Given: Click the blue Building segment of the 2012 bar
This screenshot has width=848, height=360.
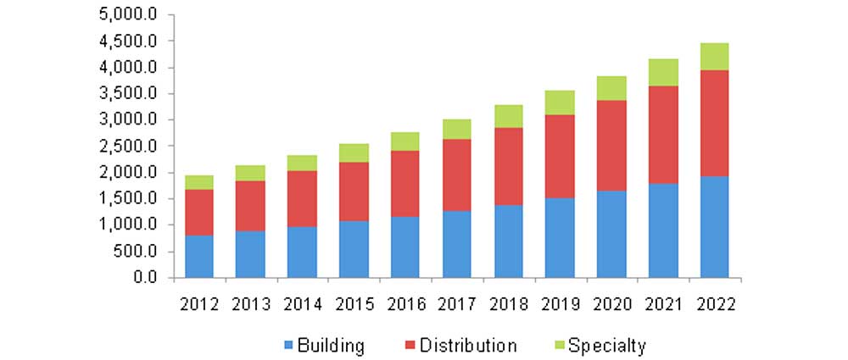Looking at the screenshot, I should (199, 256).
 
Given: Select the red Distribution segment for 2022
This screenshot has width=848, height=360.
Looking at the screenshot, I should (714, 123).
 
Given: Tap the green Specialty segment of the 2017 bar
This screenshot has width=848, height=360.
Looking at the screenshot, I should (457, 129).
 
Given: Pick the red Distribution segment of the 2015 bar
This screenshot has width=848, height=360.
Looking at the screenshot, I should (354, 191).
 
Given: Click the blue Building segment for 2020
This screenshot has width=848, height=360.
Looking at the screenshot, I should (611, 234).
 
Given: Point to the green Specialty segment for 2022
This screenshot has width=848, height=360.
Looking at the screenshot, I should (714, 56).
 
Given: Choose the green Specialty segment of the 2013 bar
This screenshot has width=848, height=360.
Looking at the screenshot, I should (250, 173).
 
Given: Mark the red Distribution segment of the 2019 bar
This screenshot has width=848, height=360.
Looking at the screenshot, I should (560, 156).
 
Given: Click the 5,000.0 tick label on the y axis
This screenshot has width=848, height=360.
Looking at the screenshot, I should (128, 14).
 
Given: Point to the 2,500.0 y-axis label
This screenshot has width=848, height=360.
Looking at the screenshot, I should (128, 147).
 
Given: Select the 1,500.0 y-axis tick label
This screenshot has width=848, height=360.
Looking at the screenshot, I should (128, 199).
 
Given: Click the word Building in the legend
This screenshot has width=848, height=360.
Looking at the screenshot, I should (332, 345).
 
